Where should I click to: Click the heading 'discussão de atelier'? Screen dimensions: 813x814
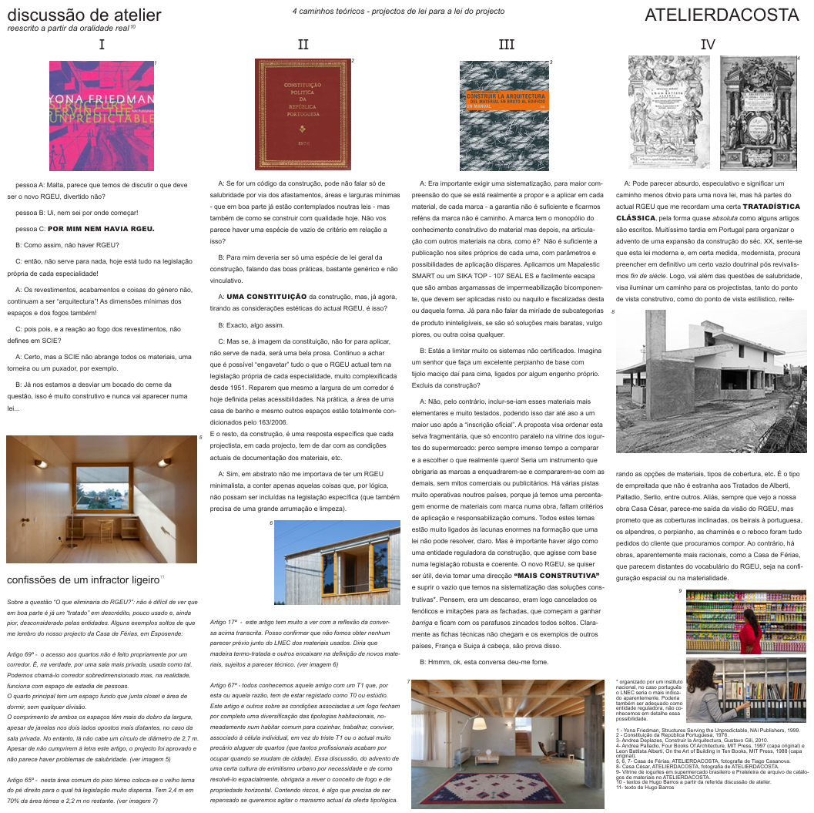point(84,15)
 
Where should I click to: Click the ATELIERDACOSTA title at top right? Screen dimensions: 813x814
point(722,15)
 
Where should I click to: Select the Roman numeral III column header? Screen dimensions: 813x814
point(506,45)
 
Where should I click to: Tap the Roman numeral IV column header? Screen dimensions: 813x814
point(708,45)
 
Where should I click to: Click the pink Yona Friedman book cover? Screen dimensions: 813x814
point(102,116)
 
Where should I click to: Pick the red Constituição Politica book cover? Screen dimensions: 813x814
point(303,115)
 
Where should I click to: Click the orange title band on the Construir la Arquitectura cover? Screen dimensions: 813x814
point(504,99)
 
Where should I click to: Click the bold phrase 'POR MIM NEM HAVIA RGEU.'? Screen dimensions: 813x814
point(101,229)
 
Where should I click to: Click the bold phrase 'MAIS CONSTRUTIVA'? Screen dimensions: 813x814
point(556,575)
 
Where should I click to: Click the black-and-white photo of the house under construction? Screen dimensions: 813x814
point(711,381)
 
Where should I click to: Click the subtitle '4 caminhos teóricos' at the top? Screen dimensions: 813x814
point(398,12)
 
